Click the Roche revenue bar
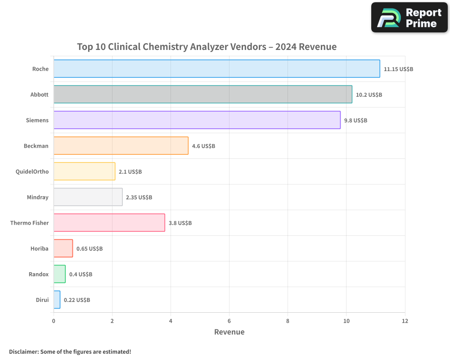click(x=216, y=69)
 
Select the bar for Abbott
click(x=202, y=94)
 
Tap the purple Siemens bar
click(x=197, y=120)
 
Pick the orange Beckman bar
click(x=121, y=146)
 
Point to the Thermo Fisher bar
click(x=109, y=223)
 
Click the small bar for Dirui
click(x=57, y=300)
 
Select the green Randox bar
click(x=59, y=274)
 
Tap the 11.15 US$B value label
click(x=398, y=69)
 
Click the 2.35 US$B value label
click(x=139, y=198)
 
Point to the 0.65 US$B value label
click(x=90, y=249)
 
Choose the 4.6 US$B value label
click(x=203, y=146)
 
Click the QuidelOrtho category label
click(x=32, y=171)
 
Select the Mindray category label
click(x=38, y=197)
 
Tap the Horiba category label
click(x=39, y=248)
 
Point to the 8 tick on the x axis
click(x=288, y=321)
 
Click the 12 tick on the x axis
click(x=405, y=321)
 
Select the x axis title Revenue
click(x=229, y=332)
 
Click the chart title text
click(x=207, y=47)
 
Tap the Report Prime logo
click(x=409, y=18)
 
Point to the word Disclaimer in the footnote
click(x=23, y=351)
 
